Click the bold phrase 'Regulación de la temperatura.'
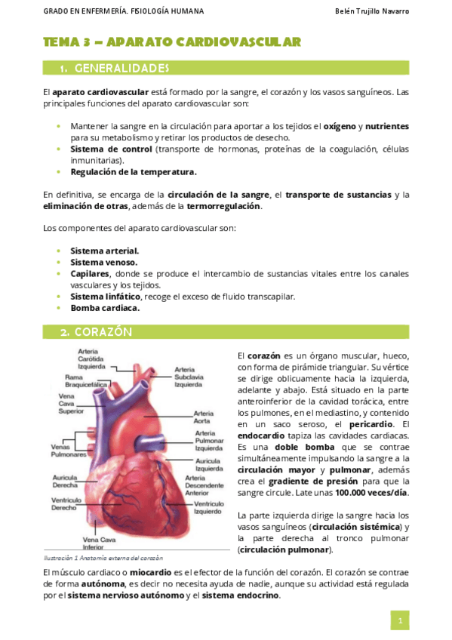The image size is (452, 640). pyautogui.click(x=133, y=171)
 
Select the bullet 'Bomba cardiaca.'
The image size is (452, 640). pyautogui.click(x=105, y=308)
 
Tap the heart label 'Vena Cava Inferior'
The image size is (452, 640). pyautogui.click(x=98, y=543)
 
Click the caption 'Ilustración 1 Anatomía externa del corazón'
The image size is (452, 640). pyautogui.click(x=103, y=558)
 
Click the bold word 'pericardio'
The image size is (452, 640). pyautogui.click(x=366, y=424)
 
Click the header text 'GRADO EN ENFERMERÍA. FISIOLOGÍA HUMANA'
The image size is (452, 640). pyautogui.click(x=112, y=12)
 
